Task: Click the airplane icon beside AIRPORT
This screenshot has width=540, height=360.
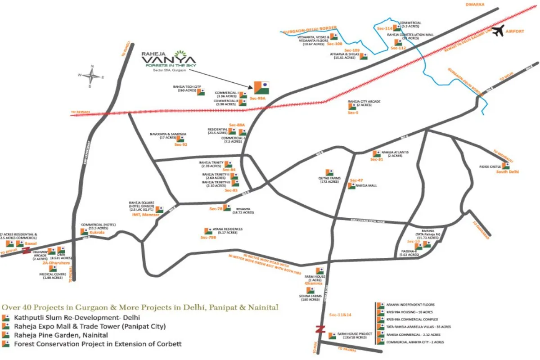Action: [x=498, y=31]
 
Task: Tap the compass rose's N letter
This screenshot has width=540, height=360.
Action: [x=92, y=67]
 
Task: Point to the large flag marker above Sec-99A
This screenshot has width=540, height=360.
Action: [x=261, y=87]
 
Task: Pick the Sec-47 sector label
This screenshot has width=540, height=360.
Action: [x=356, y=180]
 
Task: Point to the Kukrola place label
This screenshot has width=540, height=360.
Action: [x=97, y=232]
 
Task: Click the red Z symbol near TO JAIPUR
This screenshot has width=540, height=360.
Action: [x=27, y=250]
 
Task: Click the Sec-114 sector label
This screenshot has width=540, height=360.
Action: [x=385, y=28]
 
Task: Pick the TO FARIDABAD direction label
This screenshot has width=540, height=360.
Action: [x=481, y=230]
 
